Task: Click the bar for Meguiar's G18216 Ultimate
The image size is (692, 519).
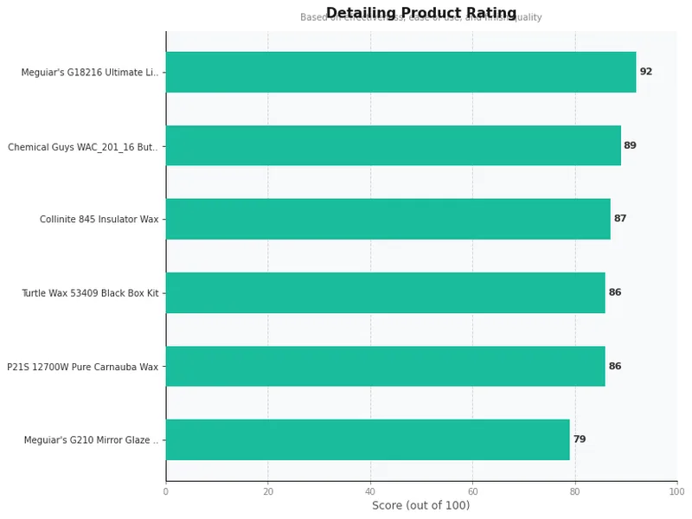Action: [x=400, y=72]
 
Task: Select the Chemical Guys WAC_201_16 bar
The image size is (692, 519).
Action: [x=393, y=145]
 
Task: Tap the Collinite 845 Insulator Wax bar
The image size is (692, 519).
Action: [x=388, y=219]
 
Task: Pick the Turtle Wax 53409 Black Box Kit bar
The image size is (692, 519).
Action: [x=385, y=292]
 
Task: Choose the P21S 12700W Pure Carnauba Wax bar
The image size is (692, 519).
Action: [x=385, y=366]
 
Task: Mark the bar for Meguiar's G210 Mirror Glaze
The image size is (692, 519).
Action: [x=368, y=439]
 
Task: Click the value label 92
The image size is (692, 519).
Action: [x=645, y=72]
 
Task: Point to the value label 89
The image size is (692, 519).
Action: [x=630, y=145]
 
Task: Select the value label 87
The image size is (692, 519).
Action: [x=619, y=219]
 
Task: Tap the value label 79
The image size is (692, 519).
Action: [x=579, y=439]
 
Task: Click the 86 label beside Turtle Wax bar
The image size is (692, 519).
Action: [x=614, y=292]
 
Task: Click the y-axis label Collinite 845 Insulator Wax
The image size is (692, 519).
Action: [x=99, y=220]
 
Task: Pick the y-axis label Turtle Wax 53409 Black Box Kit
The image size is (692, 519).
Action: [x=90, y=293]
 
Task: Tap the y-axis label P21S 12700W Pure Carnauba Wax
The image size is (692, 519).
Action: [x=83, y=367]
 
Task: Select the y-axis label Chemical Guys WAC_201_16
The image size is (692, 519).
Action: [x=83, y=146]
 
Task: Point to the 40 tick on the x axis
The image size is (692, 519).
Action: [x=370, y=491]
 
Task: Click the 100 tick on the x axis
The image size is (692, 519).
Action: [x=676, y=491]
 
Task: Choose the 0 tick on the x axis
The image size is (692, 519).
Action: [x=166, y=491]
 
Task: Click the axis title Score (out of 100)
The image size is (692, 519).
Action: [x=420, y=505]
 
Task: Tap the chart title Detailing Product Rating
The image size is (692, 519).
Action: [x=420, y=13]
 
